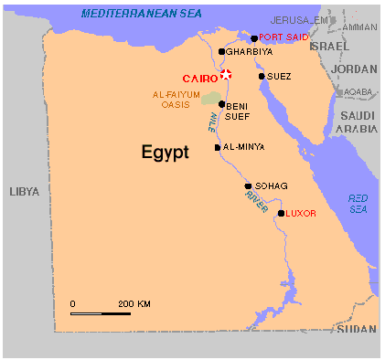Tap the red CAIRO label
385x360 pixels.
[199, 79]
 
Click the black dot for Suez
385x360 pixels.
[262, 76]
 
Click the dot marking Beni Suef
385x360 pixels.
[221, 104]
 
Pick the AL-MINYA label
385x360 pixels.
[243, 147]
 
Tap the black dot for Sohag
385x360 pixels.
[248, 186]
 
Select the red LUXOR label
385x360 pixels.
[301, 214]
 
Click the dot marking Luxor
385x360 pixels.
[281, 214]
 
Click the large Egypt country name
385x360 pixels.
[165, 153]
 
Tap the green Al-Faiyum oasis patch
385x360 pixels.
[211, 97]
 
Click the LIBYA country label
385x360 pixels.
[25, 191]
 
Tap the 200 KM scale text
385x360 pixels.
[134, 303]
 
